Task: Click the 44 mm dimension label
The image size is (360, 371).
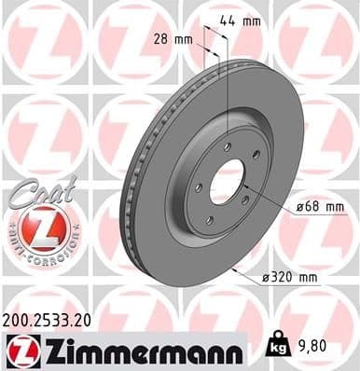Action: click(238, 21)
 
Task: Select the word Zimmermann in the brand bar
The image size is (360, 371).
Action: click(140, 352)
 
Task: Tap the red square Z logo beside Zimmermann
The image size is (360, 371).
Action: click(20, 352)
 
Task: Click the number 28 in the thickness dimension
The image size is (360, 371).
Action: click(160, 38)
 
